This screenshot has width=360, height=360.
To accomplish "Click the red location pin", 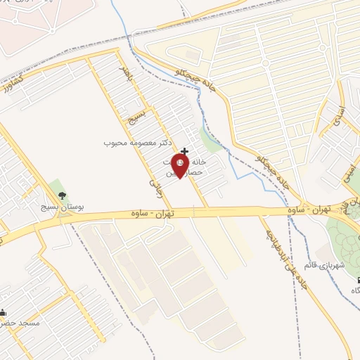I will click(x=180, y=166).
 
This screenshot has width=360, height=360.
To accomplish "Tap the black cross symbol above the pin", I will click(x=184, y=151).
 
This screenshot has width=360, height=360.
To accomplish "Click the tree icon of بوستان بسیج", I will click(x=63, y=195).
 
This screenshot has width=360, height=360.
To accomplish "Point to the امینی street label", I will click(x=347, y=172).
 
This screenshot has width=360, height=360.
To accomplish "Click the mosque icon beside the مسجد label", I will click(x=4, y=312).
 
